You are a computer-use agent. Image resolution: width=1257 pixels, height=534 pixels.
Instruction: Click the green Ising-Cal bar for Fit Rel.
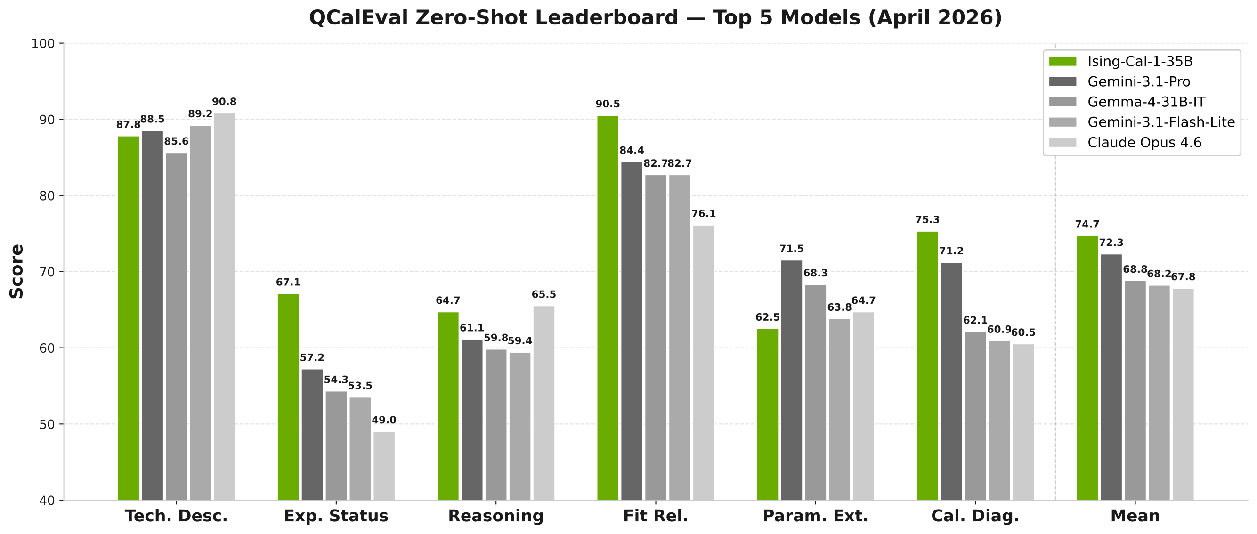[608, 307]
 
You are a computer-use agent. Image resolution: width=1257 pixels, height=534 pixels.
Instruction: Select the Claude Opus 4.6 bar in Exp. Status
[384, 466]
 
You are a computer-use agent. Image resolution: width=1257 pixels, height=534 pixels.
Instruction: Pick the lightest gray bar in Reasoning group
[543, 403]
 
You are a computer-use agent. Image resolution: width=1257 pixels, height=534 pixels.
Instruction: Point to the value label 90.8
[224, 102]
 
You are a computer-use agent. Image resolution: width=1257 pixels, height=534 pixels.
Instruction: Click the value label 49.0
[384, 420]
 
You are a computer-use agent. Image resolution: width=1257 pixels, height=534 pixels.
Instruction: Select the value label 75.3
[927, 219]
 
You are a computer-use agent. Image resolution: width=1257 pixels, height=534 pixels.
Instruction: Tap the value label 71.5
[792, 249]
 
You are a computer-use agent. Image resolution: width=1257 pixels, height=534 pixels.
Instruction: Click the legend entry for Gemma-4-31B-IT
[1146, 102]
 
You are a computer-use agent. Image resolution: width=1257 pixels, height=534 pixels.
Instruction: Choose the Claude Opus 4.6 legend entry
[1144, 143]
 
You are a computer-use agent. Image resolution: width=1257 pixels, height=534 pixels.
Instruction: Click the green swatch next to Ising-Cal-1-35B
[1062, 62]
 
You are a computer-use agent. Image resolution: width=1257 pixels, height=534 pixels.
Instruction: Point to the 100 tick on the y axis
[42, 44]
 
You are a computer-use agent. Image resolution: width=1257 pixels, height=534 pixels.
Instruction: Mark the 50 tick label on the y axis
[46, 424]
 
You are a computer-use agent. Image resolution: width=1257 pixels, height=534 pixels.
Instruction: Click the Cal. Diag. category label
[975, 516]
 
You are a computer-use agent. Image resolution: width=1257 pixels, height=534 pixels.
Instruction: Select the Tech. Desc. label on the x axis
[176, 516]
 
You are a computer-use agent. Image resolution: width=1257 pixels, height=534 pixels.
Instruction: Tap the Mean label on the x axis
[1135, 516]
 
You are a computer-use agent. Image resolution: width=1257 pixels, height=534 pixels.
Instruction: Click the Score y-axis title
[16, 271]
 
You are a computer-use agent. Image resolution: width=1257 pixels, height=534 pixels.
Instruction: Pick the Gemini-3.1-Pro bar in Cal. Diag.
[951, 381]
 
